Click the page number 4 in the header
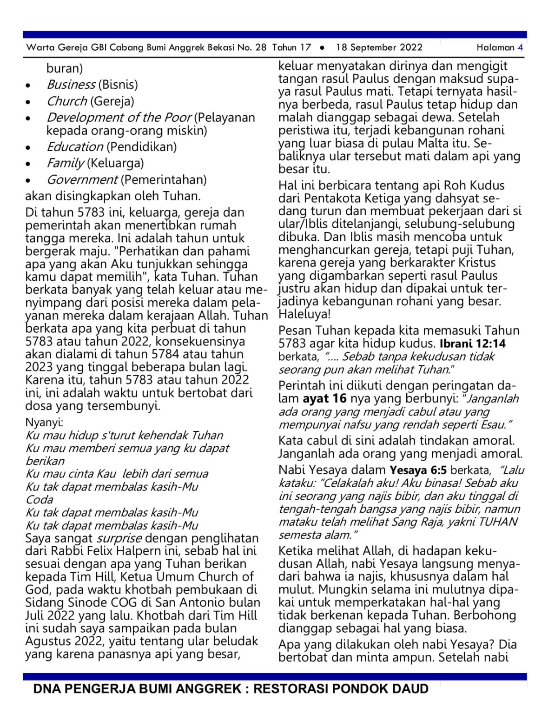[x=521, y=47]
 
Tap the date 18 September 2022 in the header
[x=379, y=47]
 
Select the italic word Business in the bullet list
[x=71, y=85]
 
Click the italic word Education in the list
[x=75, y=147]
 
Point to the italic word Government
[x=82, y=180]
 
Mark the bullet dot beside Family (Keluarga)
[x=29, y=164]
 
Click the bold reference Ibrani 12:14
[x=473, y=344]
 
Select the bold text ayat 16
[x=324, y=399]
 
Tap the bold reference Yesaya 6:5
[x=418, y=470]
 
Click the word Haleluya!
[x=304, y=314]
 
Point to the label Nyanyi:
[x=44, y=423]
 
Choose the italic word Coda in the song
[x=40, y=500]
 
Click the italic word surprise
[x=119, y=538]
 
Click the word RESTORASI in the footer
[x=296, y=689]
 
